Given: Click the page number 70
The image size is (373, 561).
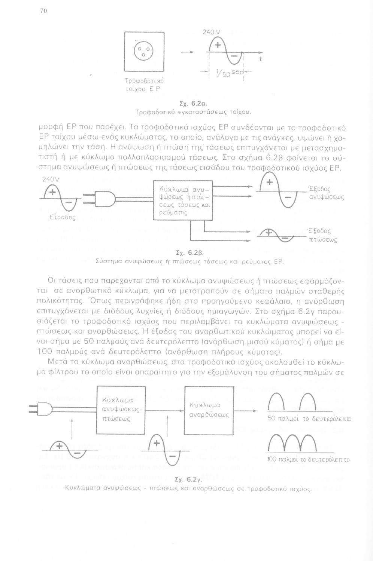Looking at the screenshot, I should (x=43, y=12).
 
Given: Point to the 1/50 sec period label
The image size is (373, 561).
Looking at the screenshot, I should (x=229, y=73).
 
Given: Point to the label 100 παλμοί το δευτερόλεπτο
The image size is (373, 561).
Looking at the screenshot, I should (x=308, y=460).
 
